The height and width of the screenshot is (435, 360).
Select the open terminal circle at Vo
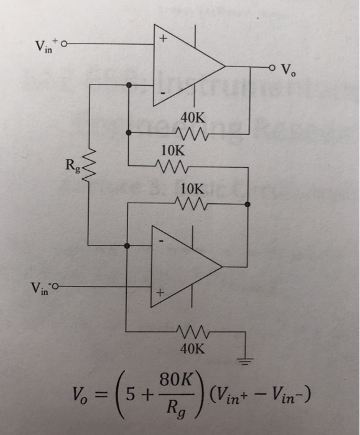pyautogui.click(x=272, y=67)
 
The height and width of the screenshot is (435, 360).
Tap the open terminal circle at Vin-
pyautogui.click(x=57, y=288)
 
